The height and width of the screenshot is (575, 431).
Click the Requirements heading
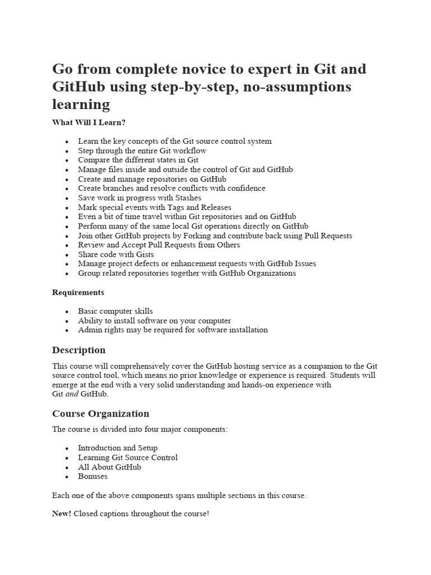point(78,293)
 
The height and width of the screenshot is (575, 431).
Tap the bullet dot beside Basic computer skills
point(67,312)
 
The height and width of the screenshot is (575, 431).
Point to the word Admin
point(89,330)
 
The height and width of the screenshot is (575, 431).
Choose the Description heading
point(79,350)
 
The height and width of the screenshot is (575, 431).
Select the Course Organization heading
point(100,414)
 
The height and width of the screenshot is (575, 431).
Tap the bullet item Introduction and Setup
point(117,448)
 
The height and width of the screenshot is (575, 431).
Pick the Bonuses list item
point(93,476)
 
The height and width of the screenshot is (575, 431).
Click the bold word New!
point(61,514)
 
